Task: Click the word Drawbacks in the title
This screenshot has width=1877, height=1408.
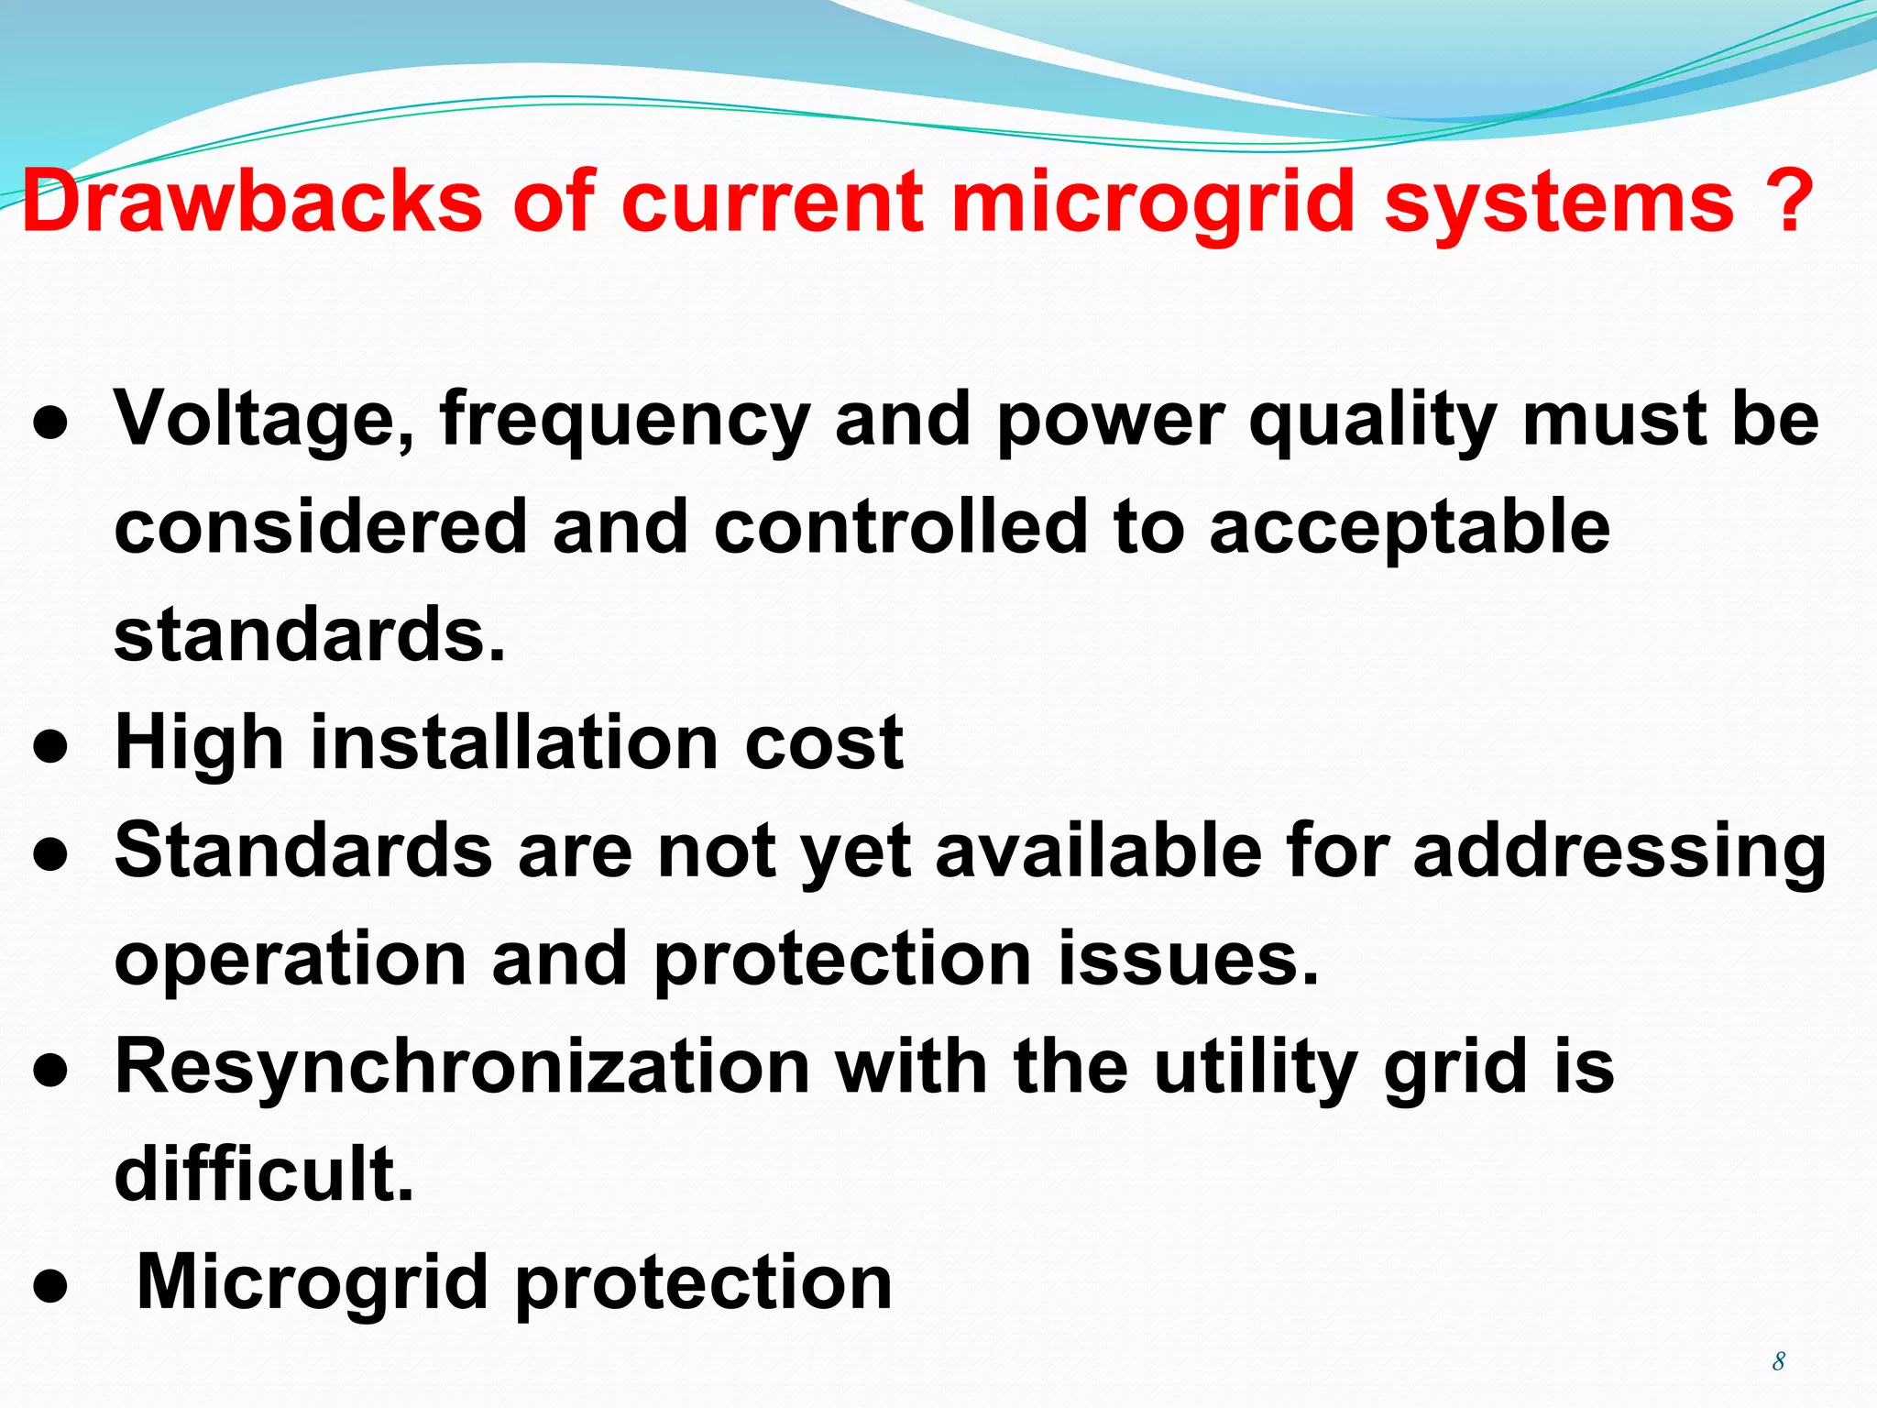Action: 252,201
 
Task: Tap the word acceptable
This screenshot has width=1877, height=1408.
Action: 1409,529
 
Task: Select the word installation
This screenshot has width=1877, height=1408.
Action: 514,742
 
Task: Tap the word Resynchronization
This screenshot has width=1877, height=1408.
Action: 462,1068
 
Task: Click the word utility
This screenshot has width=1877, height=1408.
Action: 1255,1068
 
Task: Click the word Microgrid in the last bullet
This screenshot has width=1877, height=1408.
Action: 312,1283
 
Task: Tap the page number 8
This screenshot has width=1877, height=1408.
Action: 1779,1361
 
